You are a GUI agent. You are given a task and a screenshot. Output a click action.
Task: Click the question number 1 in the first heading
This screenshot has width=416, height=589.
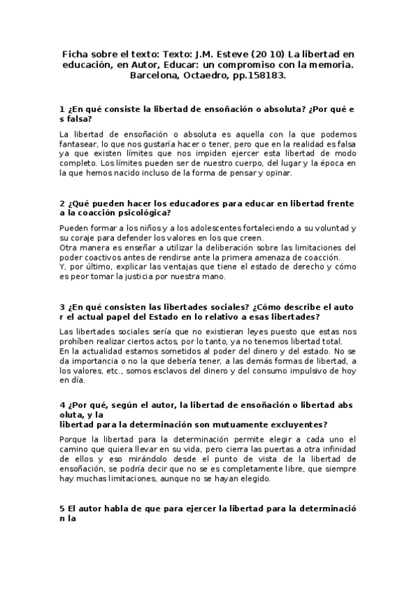pos(62,110)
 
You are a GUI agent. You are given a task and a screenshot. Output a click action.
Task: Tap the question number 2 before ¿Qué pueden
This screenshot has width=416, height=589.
pos(62,204)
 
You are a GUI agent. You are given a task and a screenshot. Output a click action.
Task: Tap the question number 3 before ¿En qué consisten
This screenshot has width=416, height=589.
pos(62,306)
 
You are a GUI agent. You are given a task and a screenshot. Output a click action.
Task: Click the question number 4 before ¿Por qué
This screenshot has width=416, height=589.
pos(62,405)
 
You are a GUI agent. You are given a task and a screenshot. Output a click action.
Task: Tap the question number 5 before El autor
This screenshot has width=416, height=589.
pos(62,508)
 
